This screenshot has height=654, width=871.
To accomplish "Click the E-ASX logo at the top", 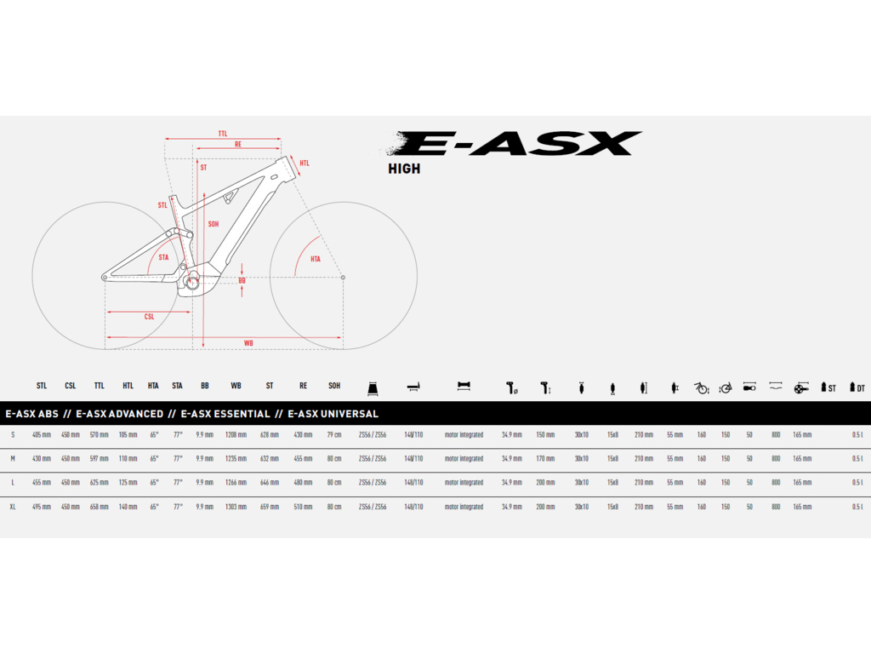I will click(515, 143).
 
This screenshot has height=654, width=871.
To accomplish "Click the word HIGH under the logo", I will click(404, 169).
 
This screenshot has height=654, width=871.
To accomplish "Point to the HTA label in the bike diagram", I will click(316, 259).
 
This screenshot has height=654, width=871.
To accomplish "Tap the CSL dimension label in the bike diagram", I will click(149, 317).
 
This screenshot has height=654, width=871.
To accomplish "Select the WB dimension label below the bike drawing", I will click(248, 343).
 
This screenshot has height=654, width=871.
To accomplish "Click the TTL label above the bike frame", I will click(223, 134).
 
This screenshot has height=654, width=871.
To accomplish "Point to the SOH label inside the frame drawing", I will click(213, 224).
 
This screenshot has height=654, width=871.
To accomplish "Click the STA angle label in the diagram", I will click(163, 256).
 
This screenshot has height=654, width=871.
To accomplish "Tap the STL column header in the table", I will click(42, 386).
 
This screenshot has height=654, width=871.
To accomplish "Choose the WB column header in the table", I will click(236, 386).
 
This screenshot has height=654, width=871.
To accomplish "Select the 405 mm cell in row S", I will click(42, 434).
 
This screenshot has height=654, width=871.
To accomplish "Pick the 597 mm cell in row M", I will click(100, 458).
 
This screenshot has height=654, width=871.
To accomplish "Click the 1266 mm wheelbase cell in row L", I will click(236, 482).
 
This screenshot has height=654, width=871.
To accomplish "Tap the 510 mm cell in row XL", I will click(303, 507).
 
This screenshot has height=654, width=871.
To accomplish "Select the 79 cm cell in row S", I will click(334, 434).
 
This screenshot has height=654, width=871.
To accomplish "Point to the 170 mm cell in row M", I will click(545, 458).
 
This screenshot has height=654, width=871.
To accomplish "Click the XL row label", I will click(13, 507).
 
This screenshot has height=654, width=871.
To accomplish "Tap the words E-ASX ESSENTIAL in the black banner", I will click(225, 414).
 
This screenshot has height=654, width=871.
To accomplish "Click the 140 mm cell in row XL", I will click(128, 507).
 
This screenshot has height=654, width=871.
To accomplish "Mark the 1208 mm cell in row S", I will click(236, 434).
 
